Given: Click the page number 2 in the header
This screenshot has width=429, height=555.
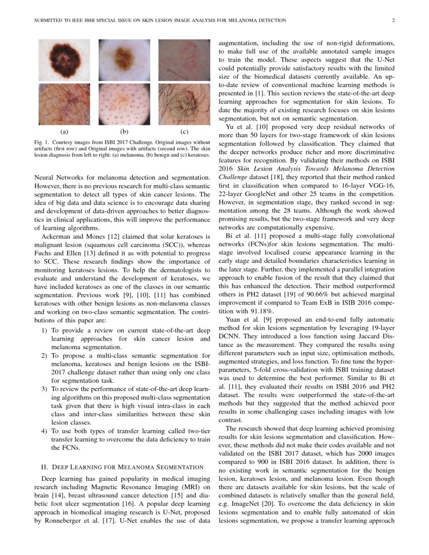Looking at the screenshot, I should click(392, 21).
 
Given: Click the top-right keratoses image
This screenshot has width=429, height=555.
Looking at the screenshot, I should click(184, 60).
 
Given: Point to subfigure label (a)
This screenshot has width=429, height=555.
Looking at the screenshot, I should click(64, 132).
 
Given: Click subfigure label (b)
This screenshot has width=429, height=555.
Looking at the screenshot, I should click(124, 132).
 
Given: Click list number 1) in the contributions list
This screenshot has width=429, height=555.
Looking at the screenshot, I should click(43, 330).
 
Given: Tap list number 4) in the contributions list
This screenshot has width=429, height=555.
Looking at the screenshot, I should click(43, 430).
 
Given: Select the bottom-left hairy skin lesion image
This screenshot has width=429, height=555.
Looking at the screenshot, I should click(64, 104).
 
